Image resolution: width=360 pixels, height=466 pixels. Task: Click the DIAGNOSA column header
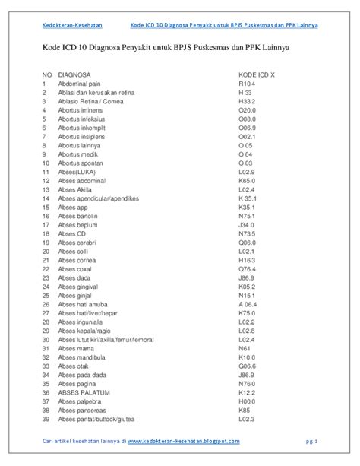pos(74,75)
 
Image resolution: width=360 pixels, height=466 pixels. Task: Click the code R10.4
pos(247,84)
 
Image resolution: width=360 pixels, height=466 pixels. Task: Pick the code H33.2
pos(247,101)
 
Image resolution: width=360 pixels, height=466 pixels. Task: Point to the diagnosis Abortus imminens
pos(81,109)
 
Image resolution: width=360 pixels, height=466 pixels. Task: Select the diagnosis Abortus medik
pos(77,154)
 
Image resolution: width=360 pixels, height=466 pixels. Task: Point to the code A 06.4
pos(249,304)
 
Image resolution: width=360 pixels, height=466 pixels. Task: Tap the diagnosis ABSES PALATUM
pos(82,392)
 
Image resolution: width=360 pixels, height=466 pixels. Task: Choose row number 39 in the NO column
pos(46,419)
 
